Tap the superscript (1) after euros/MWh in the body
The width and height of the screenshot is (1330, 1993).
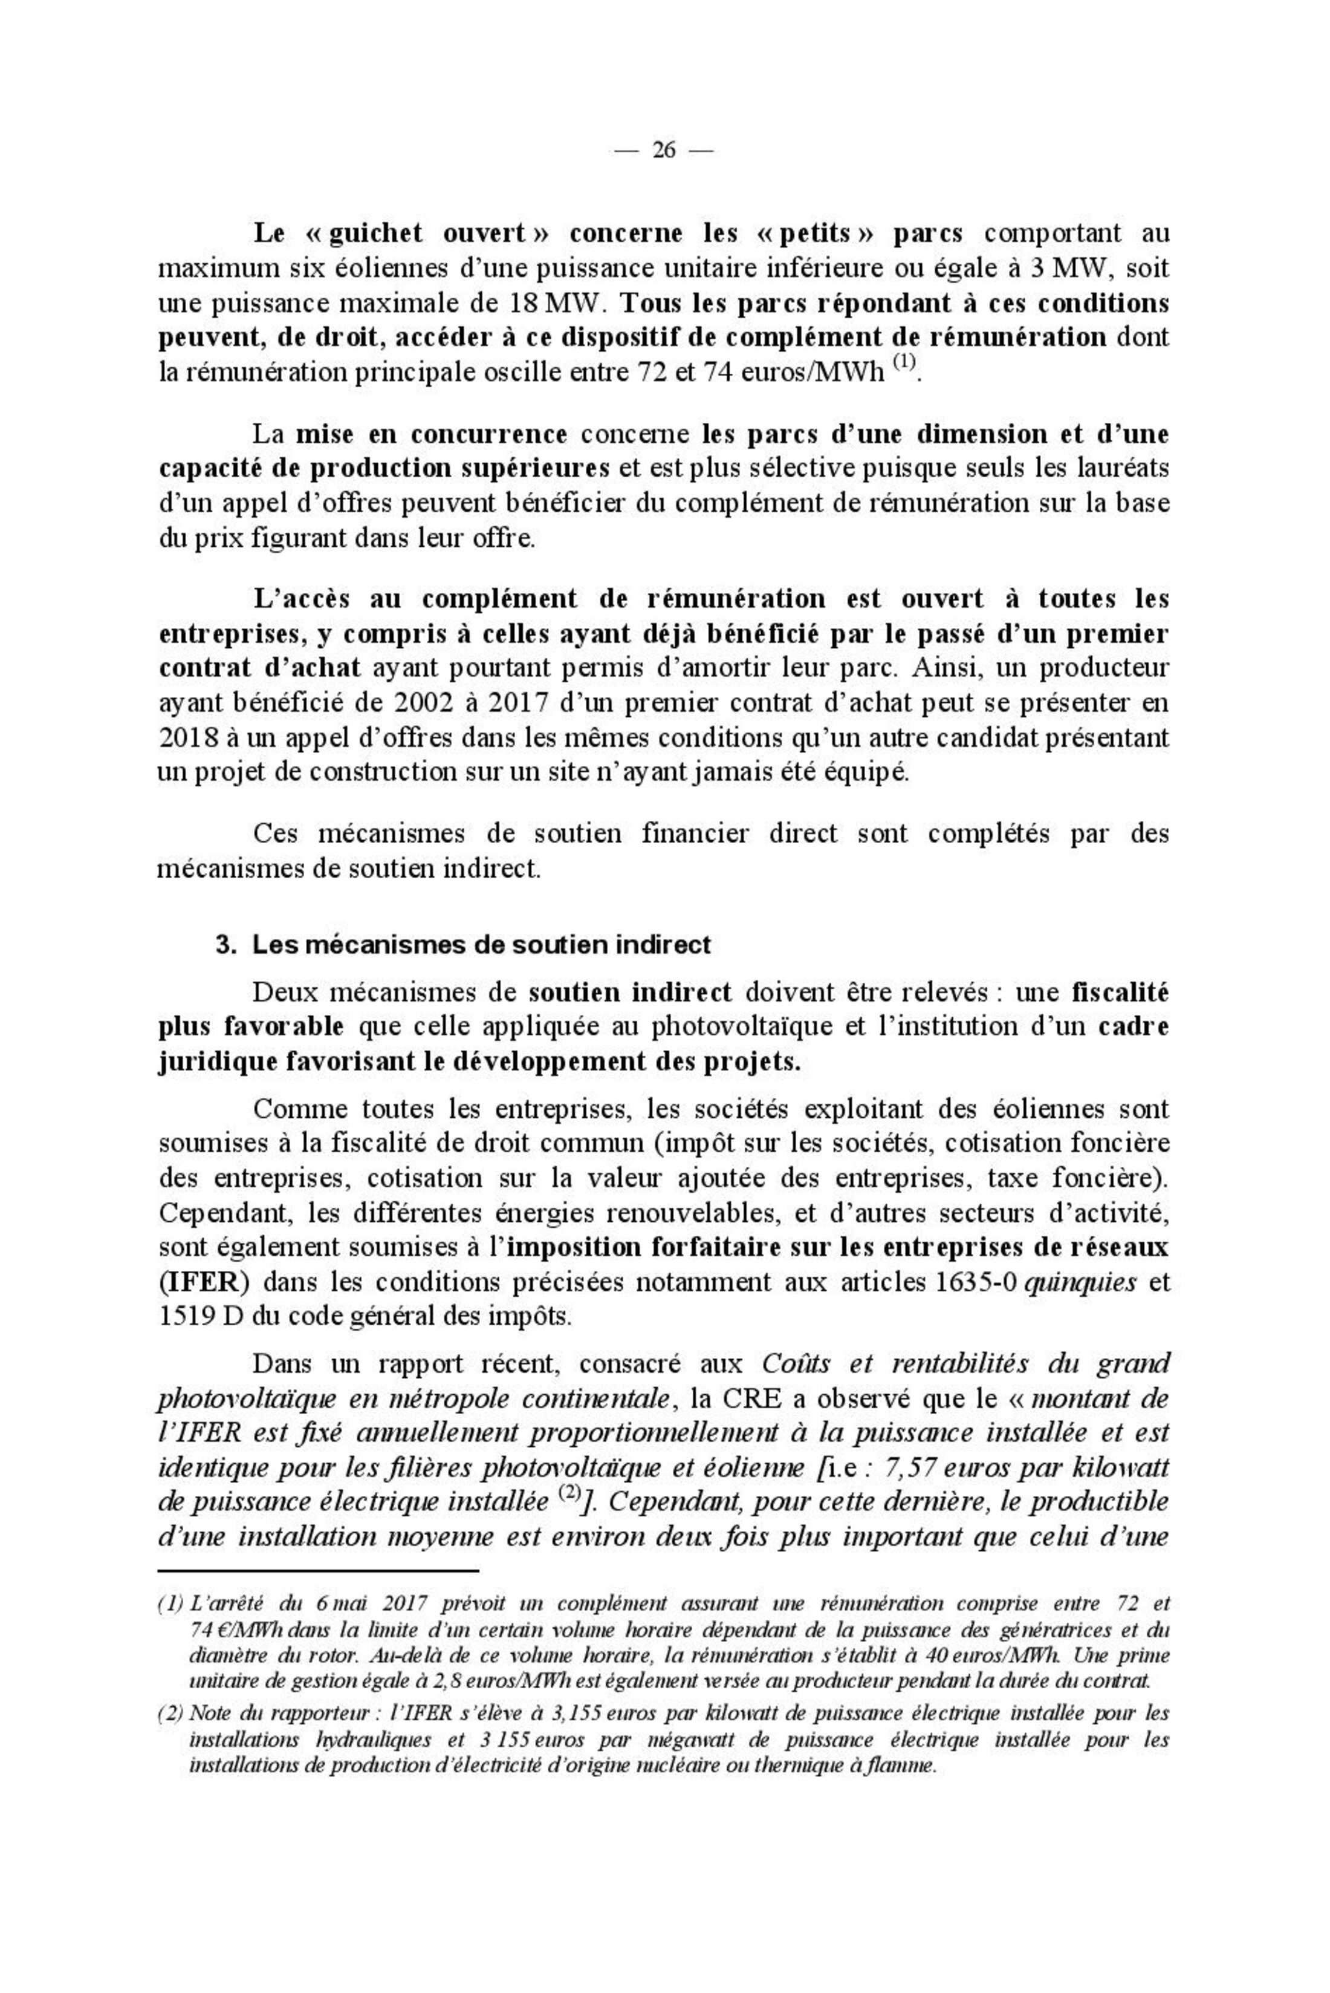(905, 362)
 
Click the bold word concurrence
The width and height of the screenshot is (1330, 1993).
(490, 434)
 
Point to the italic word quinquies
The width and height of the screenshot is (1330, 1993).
(1081, 1282)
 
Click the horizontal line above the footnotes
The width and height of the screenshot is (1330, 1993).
(319, 1571)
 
